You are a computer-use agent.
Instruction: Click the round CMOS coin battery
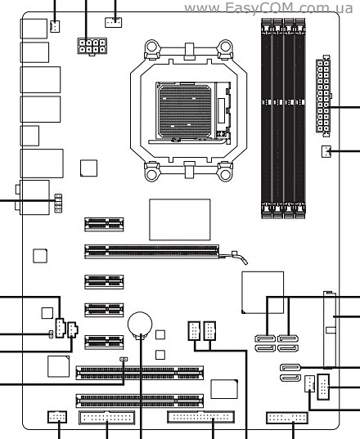[140, 325]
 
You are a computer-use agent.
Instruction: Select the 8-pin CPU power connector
[92, 47]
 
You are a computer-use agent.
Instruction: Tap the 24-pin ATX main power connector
[323, 96]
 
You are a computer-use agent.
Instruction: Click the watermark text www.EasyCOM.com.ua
[268, 8]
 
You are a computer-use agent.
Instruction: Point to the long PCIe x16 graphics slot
[151, 251]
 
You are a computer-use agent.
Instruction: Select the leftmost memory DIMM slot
[267, 119]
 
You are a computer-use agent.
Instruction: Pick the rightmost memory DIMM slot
[300, 119]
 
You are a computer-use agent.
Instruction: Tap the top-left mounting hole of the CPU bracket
[151, 47]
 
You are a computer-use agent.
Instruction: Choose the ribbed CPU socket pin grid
[185, 111]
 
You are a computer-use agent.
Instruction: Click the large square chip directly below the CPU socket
[179, 220]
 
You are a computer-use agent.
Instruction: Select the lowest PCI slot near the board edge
[140, 401]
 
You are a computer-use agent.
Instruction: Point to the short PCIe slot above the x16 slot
[104, 224]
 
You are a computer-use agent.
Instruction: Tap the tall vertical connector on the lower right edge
[330, 330]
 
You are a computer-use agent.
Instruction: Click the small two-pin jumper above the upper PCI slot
[124, 359]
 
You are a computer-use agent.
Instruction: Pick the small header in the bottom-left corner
[57, 417]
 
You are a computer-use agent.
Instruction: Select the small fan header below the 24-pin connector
[326, 151]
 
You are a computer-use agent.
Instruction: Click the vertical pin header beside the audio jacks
[58, 203]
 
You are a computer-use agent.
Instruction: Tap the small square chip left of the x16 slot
[40, 256]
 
